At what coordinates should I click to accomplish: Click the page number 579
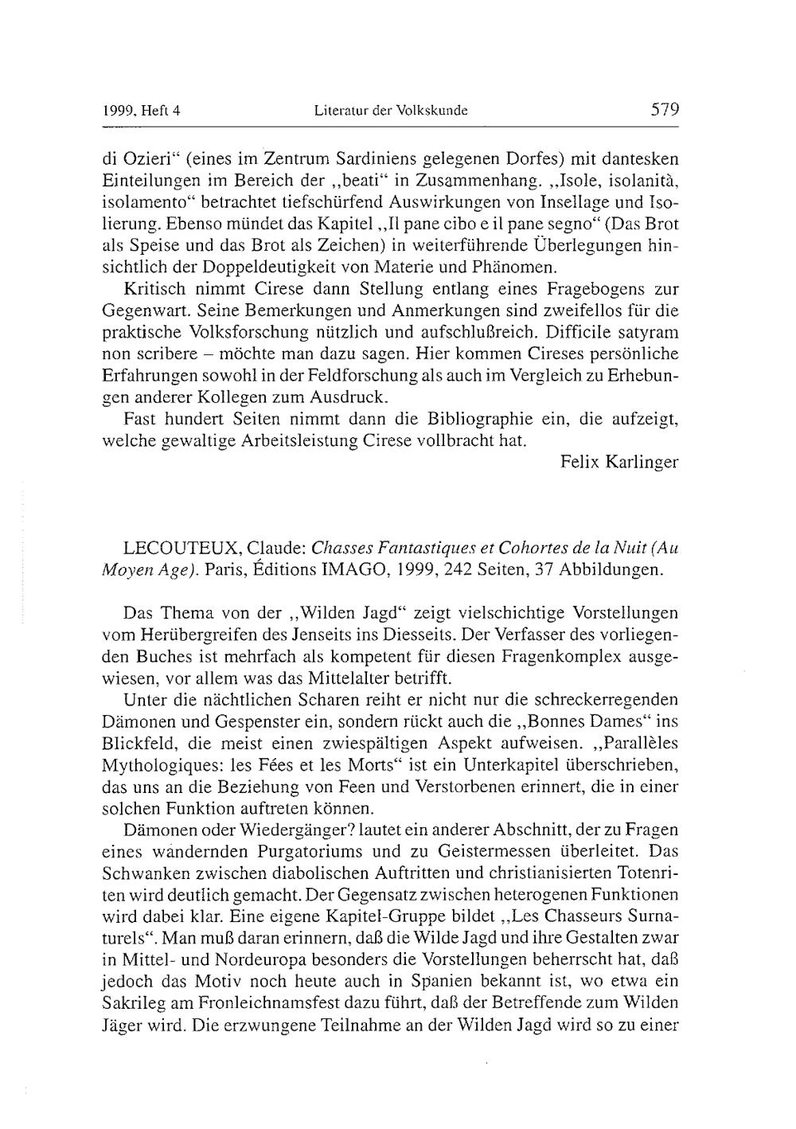[x=664, y=110]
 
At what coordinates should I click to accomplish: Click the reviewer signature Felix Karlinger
[x=619, y=462]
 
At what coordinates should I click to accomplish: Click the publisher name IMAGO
[x=377, y=570]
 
